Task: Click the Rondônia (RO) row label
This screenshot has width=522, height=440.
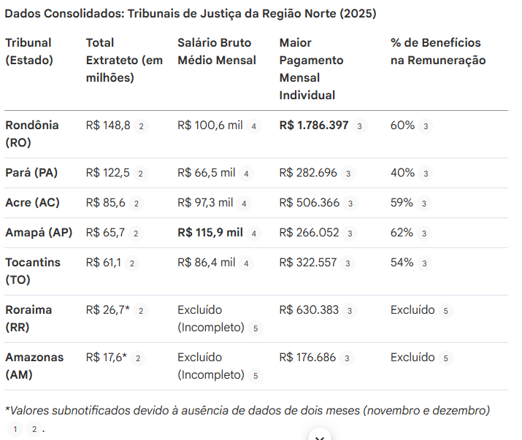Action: tap(32, 134)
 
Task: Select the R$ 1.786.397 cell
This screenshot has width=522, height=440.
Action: tap(313, 126)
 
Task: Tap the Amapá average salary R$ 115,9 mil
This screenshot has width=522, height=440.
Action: tap(210, 233)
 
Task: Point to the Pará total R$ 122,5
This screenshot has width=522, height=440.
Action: tap(107, 173)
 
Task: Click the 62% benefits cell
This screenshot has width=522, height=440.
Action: tap(402, 233)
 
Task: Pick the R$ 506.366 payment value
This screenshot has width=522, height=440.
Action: tap(308, 203)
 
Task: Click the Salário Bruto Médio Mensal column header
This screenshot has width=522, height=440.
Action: tap(217, 51)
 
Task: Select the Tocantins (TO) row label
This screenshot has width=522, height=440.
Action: tap(33, 271)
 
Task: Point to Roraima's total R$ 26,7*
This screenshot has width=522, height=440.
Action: tap(108, 310)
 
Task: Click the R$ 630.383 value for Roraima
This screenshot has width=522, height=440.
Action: tap(309, 310)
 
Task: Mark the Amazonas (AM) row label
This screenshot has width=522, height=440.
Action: tap(34, 366)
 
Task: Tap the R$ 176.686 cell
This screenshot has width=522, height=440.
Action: tap(308, 358)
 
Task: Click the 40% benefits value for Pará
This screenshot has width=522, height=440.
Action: tap(402, 173)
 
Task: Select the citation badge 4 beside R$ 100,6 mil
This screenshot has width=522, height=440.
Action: tap(253, 126)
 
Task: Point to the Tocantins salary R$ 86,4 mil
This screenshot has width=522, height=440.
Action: tap(206, 263)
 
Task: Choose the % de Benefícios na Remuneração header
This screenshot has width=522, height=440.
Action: tap(437, 51)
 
